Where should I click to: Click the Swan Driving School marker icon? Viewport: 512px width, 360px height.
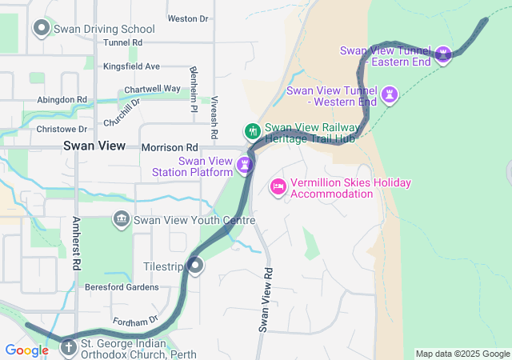point(42,29)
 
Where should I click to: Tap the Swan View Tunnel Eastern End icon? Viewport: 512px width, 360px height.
point(442,54)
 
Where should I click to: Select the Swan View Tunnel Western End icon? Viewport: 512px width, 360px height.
point(390,94)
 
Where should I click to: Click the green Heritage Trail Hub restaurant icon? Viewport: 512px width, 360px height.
point(252,130)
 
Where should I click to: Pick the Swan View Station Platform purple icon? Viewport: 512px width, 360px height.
point(245,166)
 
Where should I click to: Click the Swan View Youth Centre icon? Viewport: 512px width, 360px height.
point(122,218)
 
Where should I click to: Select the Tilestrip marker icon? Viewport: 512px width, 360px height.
point(195,266)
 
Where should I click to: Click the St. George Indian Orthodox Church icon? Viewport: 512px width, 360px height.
point(69,348)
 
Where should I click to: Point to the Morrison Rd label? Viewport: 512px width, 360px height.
point(169,148)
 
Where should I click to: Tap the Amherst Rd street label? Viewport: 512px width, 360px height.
point(77,242)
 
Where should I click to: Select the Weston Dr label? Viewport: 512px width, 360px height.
point(188,18)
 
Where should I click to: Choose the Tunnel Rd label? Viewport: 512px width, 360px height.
point(122,42)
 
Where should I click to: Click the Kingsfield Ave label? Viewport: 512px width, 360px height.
point(132,66)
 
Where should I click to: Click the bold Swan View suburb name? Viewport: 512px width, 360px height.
point(94,146)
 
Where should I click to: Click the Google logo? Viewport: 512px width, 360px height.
point(26,350)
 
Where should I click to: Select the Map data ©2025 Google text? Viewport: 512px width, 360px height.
point(462,354)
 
